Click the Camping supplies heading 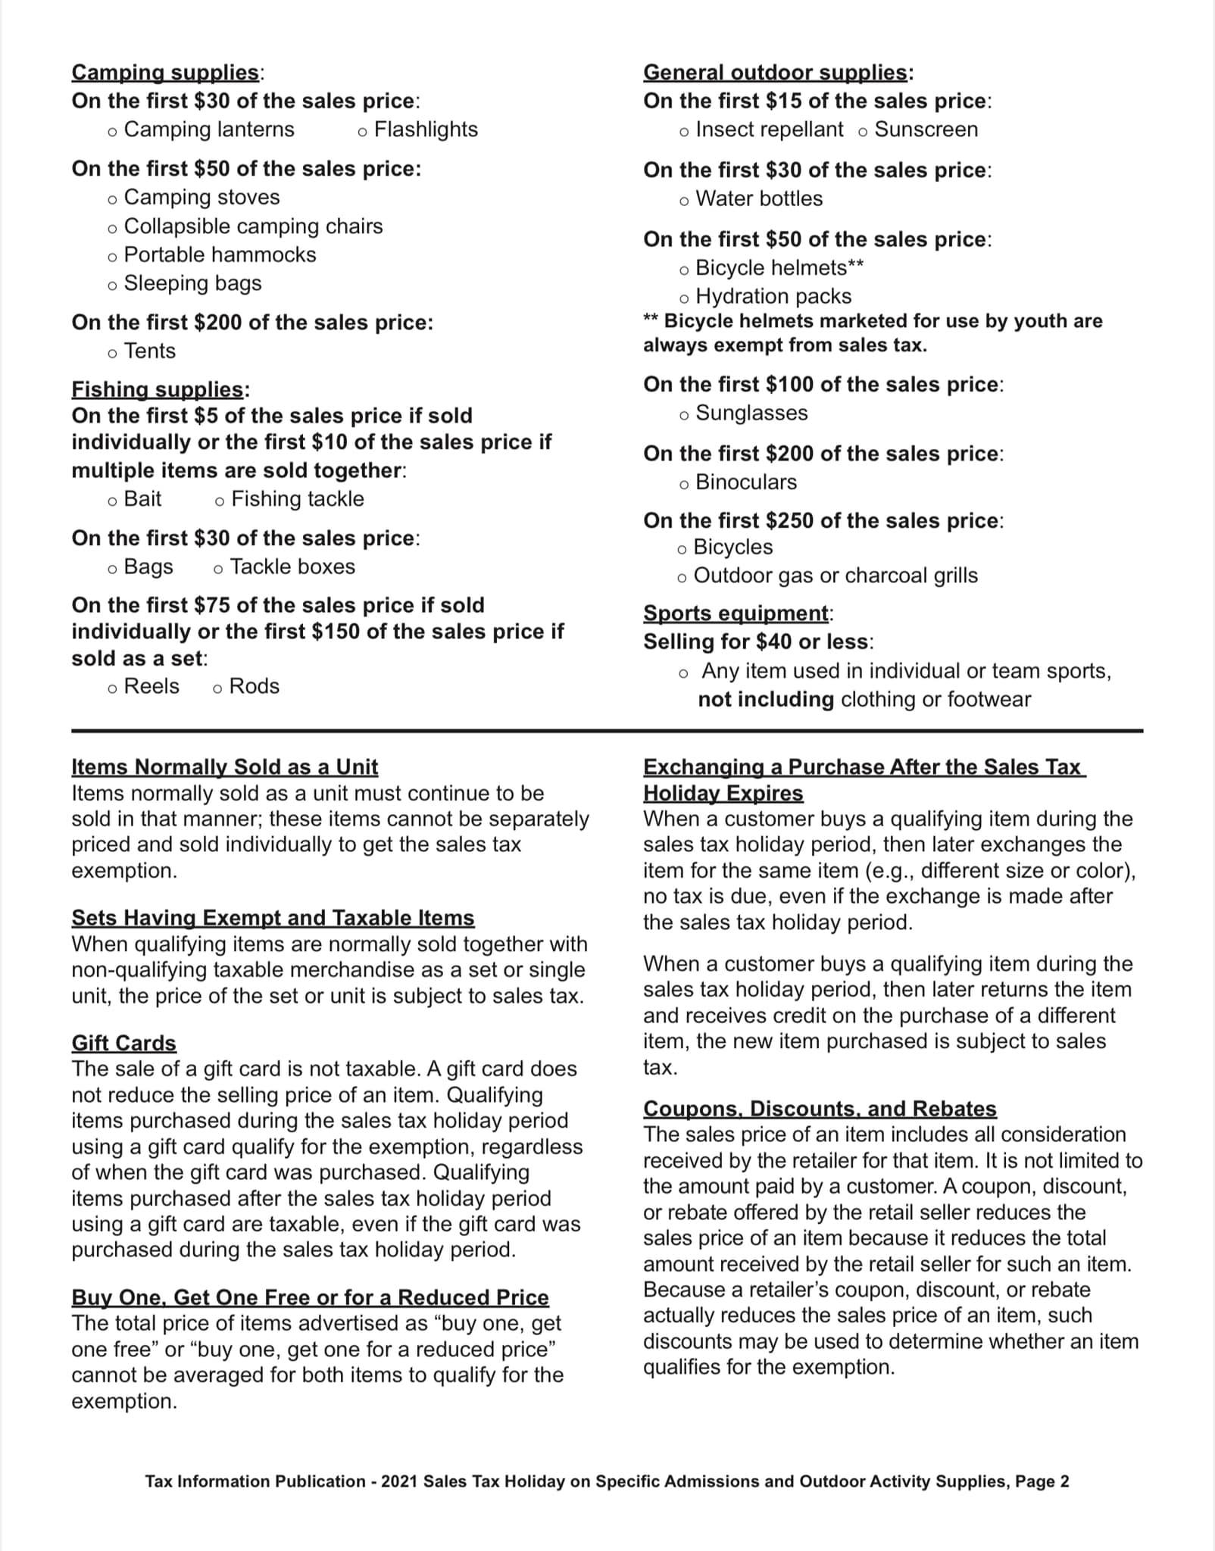tap(165, 73)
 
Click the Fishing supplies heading tap(158, 389)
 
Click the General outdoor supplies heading tap(776, 73)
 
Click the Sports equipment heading tap(736, 613)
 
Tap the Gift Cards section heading tap(123, 1043)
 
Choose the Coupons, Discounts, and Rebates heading tap(820, 1109)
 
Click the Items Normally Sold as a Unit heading tap(224, 767)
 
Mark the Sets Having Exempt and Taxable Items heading tap(273, 918)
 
